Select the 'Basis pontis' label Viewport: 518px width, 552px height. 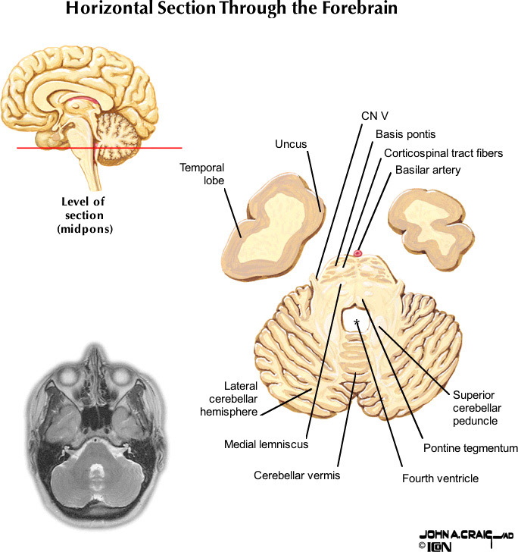tap(405, 134)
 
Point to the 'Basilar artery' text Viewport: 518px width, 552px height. tap(428, 170)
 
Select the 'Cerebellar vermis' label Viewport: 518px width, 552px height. tap(296, 475)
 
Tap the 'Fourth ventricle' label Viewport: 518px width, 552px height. tap(440, 478)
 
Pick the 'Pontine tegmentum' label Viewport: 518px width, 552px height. tap(470, 448)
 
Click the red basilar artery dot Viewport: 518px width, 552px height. tap(358, 253)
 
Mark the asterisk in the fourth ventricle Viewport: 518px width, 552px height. tap(356, 322)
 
